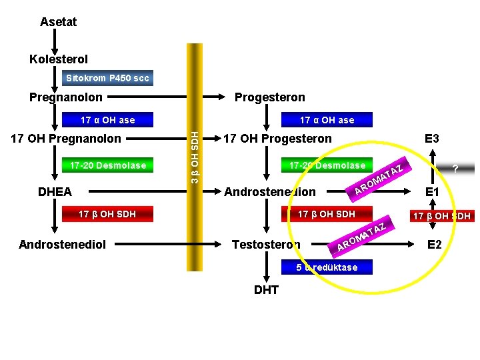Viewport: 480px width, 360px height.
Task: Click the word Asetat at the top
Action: click(58, 22)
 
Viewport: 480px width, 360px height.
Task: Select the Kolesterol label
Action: click(58, 59)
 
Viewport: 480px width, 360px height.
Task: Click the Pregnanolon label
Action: click(65, 97)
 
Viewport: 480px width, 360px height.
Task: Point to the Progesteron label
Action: click(269, 97)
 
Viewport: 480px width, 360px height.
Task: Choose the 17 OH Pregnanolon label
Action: click(67, 139)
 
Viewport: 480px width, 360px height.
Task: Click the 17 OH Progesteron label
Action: click(277, 139)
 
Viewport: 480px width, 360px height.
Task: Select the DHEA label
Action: click(55, 192)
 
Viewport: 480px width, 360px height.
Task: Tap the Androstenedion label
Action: click(270, 192)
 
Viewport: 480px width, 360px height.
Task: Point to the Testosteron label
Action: click(265, 245)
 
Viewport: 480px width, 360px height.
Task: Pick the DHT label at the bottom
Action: click(266, 289)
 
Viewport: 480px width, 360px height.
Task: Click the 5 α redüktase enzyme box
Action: click(327, 267)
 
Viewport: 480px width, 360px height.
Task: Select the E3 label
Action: click(431, 139)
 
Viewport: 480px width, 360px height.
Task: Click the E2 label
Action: click(434, 245)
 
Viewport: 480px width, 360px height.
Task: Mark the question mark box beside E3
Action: click(454, 168)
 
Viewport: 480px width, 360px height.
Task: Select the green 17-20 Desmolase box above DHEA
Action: click(103, 165)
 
